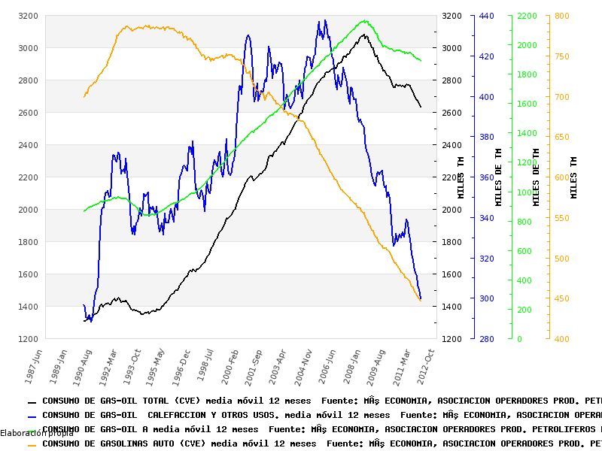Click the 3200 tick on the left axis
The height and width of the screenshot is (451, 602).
pos(28,16)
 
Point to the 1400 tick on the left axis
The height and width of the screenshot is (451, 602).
pos(28,307)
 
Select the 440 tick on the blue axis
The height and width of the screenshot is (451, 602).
pos(486,16)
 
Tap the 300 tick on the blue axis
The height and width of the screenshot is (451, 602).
pos(486,298)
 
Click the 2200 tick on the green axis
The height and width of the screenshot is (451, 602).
pos(526,16)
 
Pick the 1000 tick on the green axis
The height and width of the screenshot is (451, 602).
pos(526,192)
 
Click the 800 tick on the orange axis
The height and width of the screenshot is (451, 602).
pos(561,16)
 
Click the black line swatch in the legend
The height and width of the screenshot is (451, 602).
pos(32,402)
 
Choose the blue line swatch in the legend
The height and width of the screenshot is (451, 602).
pos(32,416)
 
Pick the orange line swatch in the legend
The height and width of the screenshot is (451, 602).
pos(32,444)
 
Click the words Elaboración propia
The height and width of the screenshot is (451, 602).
pos(37,433)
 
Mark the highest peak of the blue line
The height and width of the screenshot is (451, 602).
pos(324,20)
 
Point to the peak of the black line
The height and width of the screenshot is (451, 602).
pos(363,34)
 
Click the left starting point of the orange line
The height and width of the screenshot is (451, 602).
pos(84,97)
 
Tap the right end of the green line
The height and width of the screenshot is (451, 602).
pos(421,61)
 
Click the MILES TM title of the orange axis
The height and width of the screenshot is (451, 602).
pos(574,178)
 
